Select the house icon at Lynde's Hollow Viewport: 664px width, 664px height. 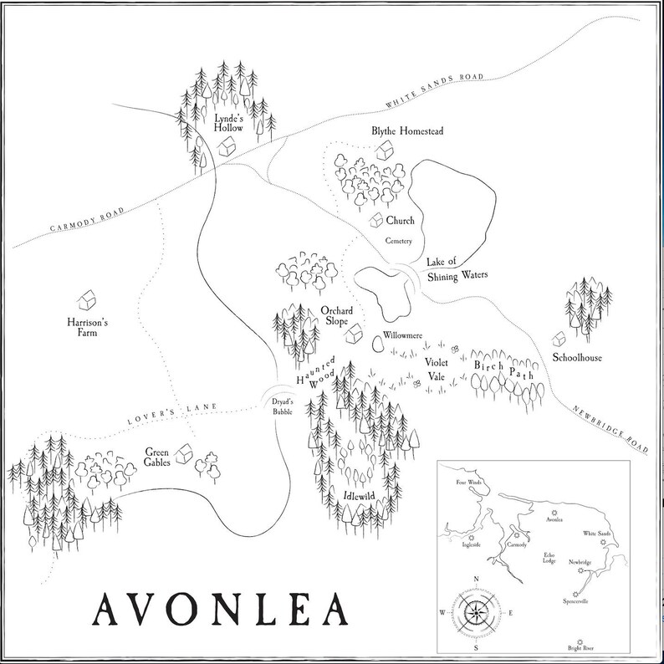pos(226,147)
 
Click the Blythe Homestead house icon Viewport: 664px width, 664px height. pos(385,151)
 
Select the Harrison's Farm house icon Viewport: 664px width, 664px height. pos(85,299)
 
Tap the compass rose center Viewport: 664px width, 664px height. pos(475,611)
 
